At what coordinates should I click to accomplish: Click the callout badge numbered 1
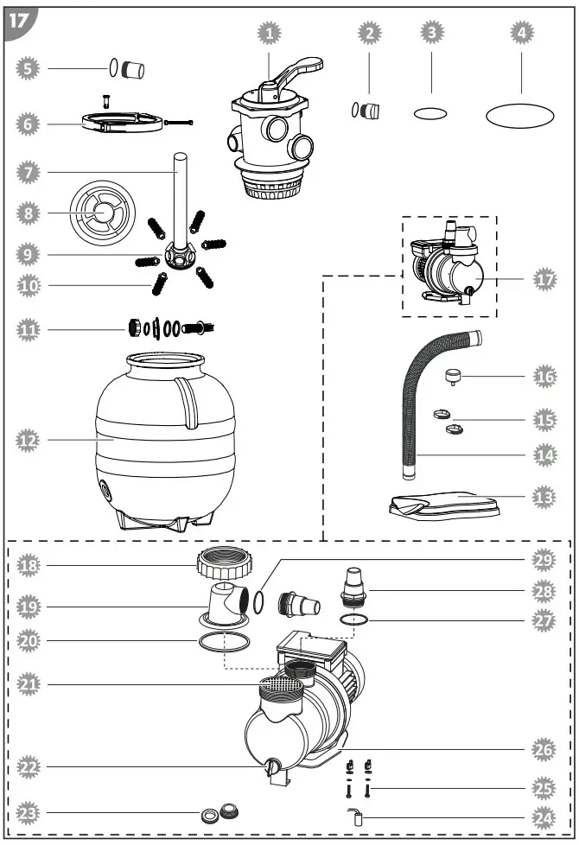[270, 33]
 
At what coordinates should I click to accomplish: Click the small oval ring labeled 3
[430, 112]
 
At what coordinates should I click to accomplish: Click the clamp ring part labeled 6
[123, 124]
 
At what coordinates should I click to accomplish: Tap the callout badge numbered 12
[29, 440]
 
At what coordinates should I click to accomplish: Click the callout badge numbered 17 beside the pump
[544, 280]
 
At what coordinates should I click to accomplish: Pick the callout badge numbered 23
[29, 812]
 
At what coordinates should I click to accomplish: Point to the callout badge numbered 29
[544, 560]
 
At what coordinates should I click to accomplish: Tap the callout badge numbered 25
[544, 788]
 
